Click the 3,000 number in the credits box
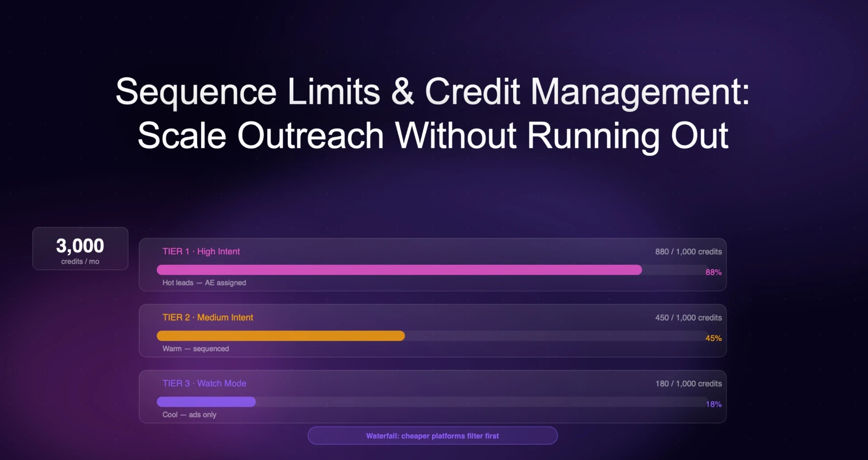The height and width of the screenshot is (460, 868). click(80, 246)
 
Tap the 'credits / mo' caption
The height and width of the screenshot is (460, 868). click(80, 262)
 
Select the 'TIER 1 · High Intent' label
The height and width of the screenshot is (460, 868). click(201, 252)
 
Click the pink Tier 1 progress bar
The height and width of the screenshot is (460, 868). click(399, 270)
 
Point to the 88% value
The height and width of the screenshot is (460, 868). click(713, 272)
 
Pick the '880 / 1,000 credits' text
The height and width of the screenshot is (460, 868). click(688, 252)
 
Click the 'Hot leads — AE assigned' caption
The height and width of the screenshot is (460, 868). click(204, 283)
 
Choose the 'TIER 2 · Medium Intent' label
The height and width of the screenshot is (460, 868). click(208, 318)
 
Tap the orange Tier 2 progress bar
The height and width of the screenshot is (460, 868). click(280, 336)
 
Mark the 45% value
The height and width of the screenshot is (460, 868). click(713, 338)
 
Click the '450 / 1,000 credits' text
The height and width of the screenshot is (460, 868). click(688, 318)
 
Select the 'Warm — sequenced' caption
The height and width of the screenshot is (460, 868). click(196, 349)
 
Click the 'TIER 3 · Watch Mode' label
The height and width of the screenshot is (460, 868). click(204, 384)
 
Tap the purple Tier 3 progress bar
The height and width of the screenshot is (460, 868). click(206, 402)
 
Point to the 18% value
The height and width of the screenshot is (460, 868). click(713, 404)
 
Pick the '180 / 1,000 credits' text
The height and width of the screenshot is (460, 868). click(688, 384)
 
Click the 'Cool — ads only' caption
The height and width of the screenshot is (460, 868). click(189, 415)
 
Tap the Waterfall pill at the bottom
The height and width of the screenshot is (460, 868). click(433, 436)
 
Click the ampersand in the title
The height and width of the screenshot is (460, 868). click(402, 92)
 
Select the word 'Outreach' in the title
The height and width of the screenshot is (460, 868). click(311, 136)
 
